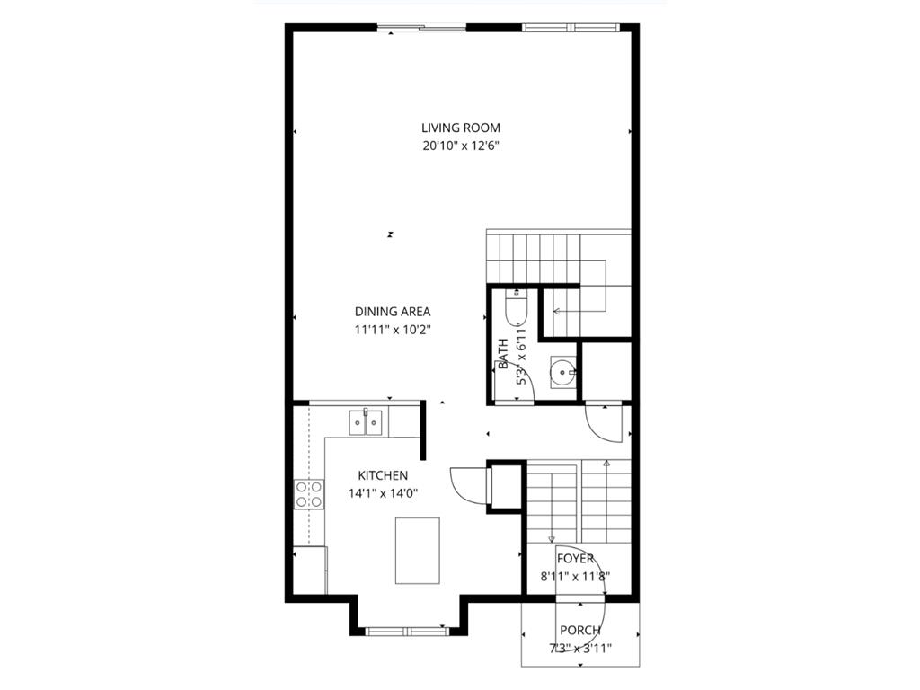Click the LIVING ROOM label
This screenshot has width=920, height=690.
[x=461, y=128]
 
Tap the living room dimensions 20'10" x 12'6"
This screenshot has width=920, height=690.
[x=461, y=146]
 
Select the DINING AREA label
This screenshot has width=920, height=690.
[x=393, y=312]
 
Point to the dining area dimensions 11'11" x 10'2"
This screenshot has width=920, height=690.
[x=393, y=330]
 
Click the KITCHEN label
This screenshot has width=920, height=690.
[x=383, y=475]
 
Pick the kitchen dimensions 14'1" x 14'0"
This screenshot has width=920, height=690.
[x=383, y=492]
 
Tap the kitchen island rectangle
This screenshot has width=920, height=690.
[x=418, y=550]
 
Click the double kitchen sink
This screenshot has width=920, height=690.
[x=366, y=421]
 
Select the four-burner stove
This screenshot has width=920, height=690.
[x=309, y=495]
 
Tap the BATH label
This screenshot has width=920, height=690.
[x=502, y=353]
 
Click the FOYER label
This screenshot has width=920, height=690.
[x=575, y=559]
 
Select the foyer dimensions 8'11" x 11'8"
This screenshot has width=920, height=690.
[x=576, y=577]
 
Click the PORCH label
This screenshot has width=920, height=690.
[x=580, y=631]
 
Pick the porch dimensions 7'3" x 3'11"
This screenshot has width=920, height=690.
[x=580, y=649]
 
